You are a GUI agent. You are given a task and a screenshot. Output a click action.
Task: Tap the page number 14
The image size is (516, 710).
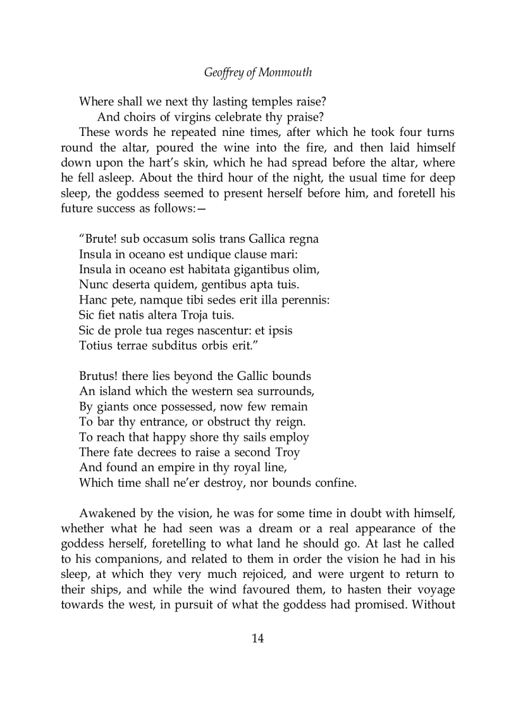point(257,638)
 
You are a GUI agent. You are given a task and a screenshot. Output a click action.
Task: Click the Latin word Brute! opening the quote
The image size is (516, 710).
point(99,239)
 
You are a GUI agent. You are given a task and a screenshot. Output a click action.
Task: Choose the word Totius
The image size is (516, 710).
point(95,345)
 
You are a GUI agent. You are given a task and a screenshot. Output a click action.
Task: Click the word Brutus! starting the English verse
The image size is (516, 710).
point(101,376)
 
